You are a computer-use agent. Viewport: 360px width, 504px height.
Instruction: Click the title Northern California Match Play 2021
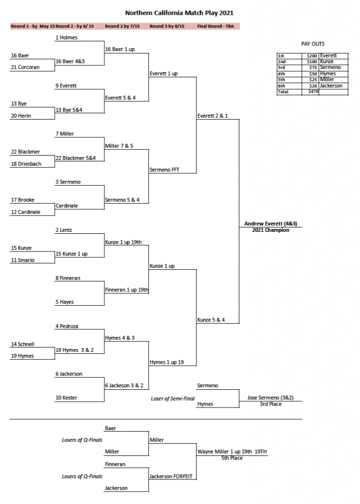179,13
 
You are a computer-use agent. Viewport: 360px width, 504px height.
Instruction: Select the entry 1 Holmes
66,37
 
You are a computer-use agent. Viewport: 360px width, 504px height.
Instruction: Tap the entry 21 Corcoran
25,67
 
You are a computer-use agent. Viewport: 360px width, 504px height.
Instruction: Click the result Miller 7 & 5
119,146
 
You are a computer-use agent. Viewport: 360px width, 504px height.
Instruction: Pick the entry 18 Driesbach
26,164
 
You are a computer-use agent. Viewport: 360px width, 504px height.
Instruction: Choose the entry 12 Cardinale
26,212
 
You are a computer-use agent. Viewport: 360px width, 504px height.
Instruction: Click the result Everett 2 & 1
212,116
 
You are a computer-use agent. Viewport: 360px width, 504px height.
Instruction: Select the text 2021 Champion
270,230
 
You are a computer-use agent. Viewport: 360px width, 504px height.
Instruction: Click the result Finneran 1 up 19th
127,290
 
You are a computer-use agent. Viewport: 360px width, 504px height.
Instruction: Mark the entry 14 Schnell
23,344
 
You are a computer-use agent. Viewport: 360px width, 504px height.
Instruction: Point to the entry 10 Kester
66,398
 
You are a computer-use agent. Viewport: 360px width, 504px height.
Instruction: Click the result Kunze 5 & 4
211,320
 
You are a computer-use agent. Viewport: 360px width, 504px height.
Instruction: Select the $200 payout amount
312,56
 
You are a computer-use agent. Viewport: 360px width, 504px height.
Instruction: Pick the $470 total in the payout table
312,92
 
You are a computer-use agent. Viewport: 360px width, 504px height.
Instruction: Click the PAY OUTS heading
313,44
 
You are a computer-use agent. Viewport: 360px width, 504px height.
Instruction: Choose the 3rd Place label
270,404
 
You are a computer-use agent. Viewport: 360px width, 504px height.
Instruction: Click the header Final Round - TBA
215,26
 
